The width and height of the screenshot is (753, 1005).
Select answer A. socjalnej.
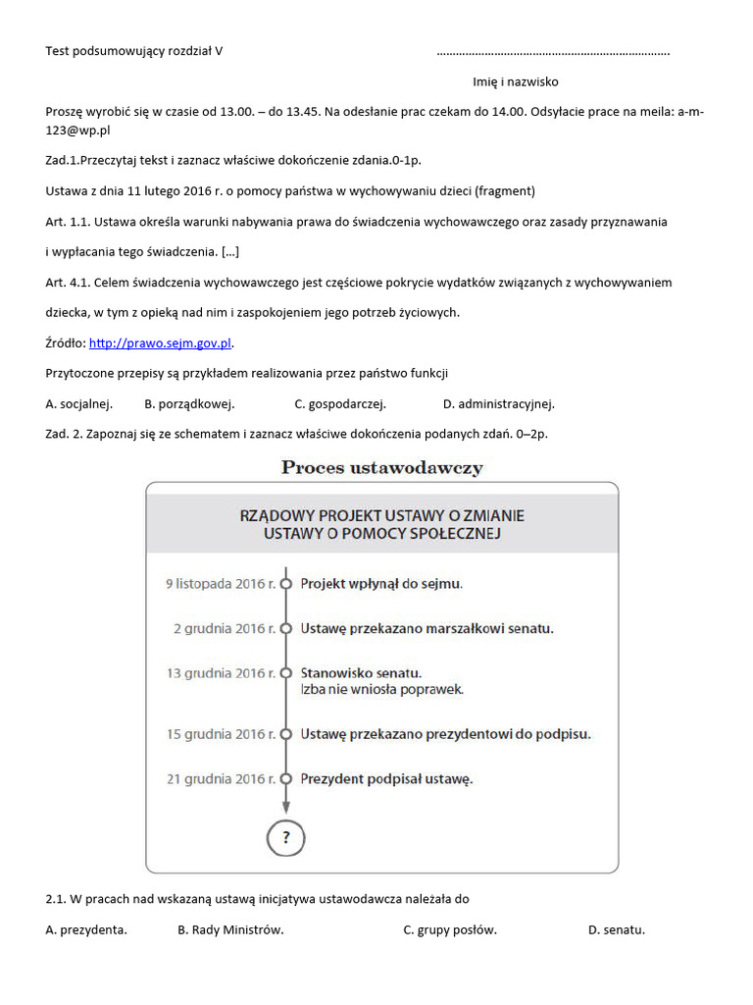click(x=79, y=403)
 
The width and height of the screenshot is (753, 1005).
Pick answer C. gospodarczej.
click(x=340, y=403)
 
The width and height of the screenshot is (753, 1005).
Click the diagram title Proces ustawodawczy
click(x=381, y=467)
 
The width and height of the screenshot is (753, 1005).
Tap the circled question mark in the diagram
click(x=286, y=837)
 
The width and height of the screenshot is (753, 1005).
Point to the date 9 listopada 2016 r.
click(x=221, y=583)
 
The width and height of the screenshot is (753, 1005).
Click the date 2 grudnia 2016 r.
click(x=225, y=628)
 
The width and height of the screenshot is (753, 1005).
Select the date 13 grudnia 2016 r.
click(x=221, y=673)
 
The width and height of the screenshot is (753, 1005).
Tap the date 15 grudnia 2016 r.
click(x=221, y=734)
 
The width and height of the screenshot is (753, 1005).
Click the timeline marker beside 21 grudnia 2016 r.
click(x=286, y=779)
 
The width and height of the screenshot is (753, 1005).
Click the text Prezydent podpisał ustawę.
click(x=386, y=779)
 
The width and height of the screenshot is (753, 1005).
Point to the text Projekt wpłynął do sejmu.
click(x=381, y=583)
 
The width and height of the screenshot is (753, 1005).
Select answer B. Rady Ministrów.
click(x=230, y=930)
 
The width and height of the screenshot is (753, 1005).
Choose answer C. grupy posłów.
click(x=450, y=930)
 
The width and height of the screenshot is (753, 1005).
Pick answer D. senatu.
click(x=617, y=930)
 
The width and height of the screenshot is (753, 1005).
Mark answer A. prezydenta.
click(x=86, y=930)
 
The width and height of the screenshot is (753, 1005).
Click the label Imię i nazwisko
click(x=509, y=81)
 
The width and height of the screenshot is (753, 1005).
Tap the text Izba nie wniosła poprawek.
click(x=381, y=689)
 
